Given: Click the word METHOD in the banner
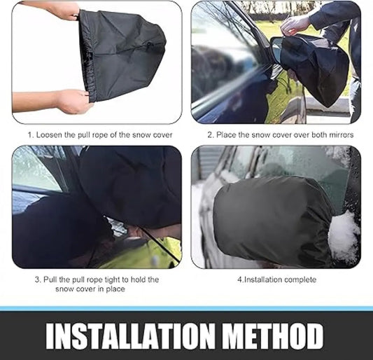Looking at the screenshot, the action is coord(274,336).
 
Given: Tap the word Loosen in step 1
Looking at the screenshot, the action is coord(49,135).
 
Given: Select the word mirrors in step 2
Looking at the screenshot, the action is coord(341,135).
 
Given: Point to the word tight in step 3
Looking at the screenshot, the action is coord(112,279).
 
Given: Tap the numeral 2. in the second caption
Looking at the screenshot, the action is coord(211,135).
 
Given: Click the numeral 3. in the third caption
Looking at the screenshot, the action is coord(38,279).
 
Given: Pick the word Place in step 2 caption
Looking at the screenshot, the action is coord(226,135).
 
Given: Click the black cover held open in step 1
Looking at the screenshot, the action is coord(121,55).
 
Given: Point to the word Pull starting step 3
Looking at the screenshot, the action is coord(50,279).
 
